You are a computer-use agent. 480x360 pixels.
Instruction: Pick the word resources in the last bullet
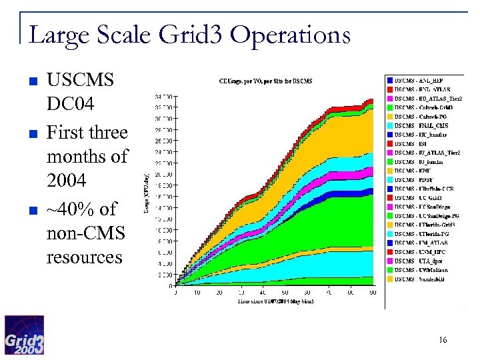(x=84, y=257)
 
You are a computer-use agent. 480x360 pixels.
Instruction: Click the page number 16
(x=443, y=341)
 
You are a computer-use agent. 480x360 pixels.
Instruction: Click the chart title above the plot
(x=265, y=82)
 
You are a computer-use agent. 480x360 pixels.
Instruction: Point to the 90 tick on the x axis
(x=372, y=293)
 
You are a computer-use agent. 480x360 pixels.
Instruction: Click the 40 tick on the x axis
(x=263, y=293)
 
